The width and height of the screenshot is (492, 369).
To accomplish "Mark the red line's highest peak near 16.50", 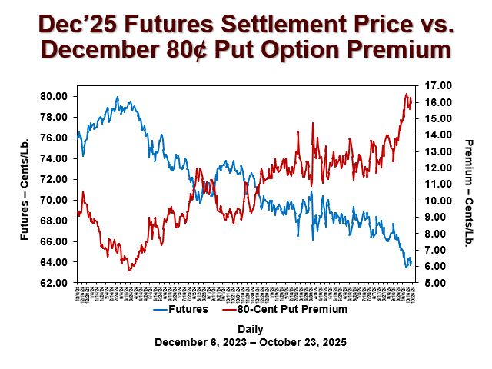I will (407, 94).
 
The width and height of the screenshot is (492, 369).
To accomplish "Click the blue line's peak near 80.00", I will (117, 97).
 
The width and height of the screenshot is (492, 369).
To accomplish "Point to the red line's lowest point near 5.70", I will (129, 271).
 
